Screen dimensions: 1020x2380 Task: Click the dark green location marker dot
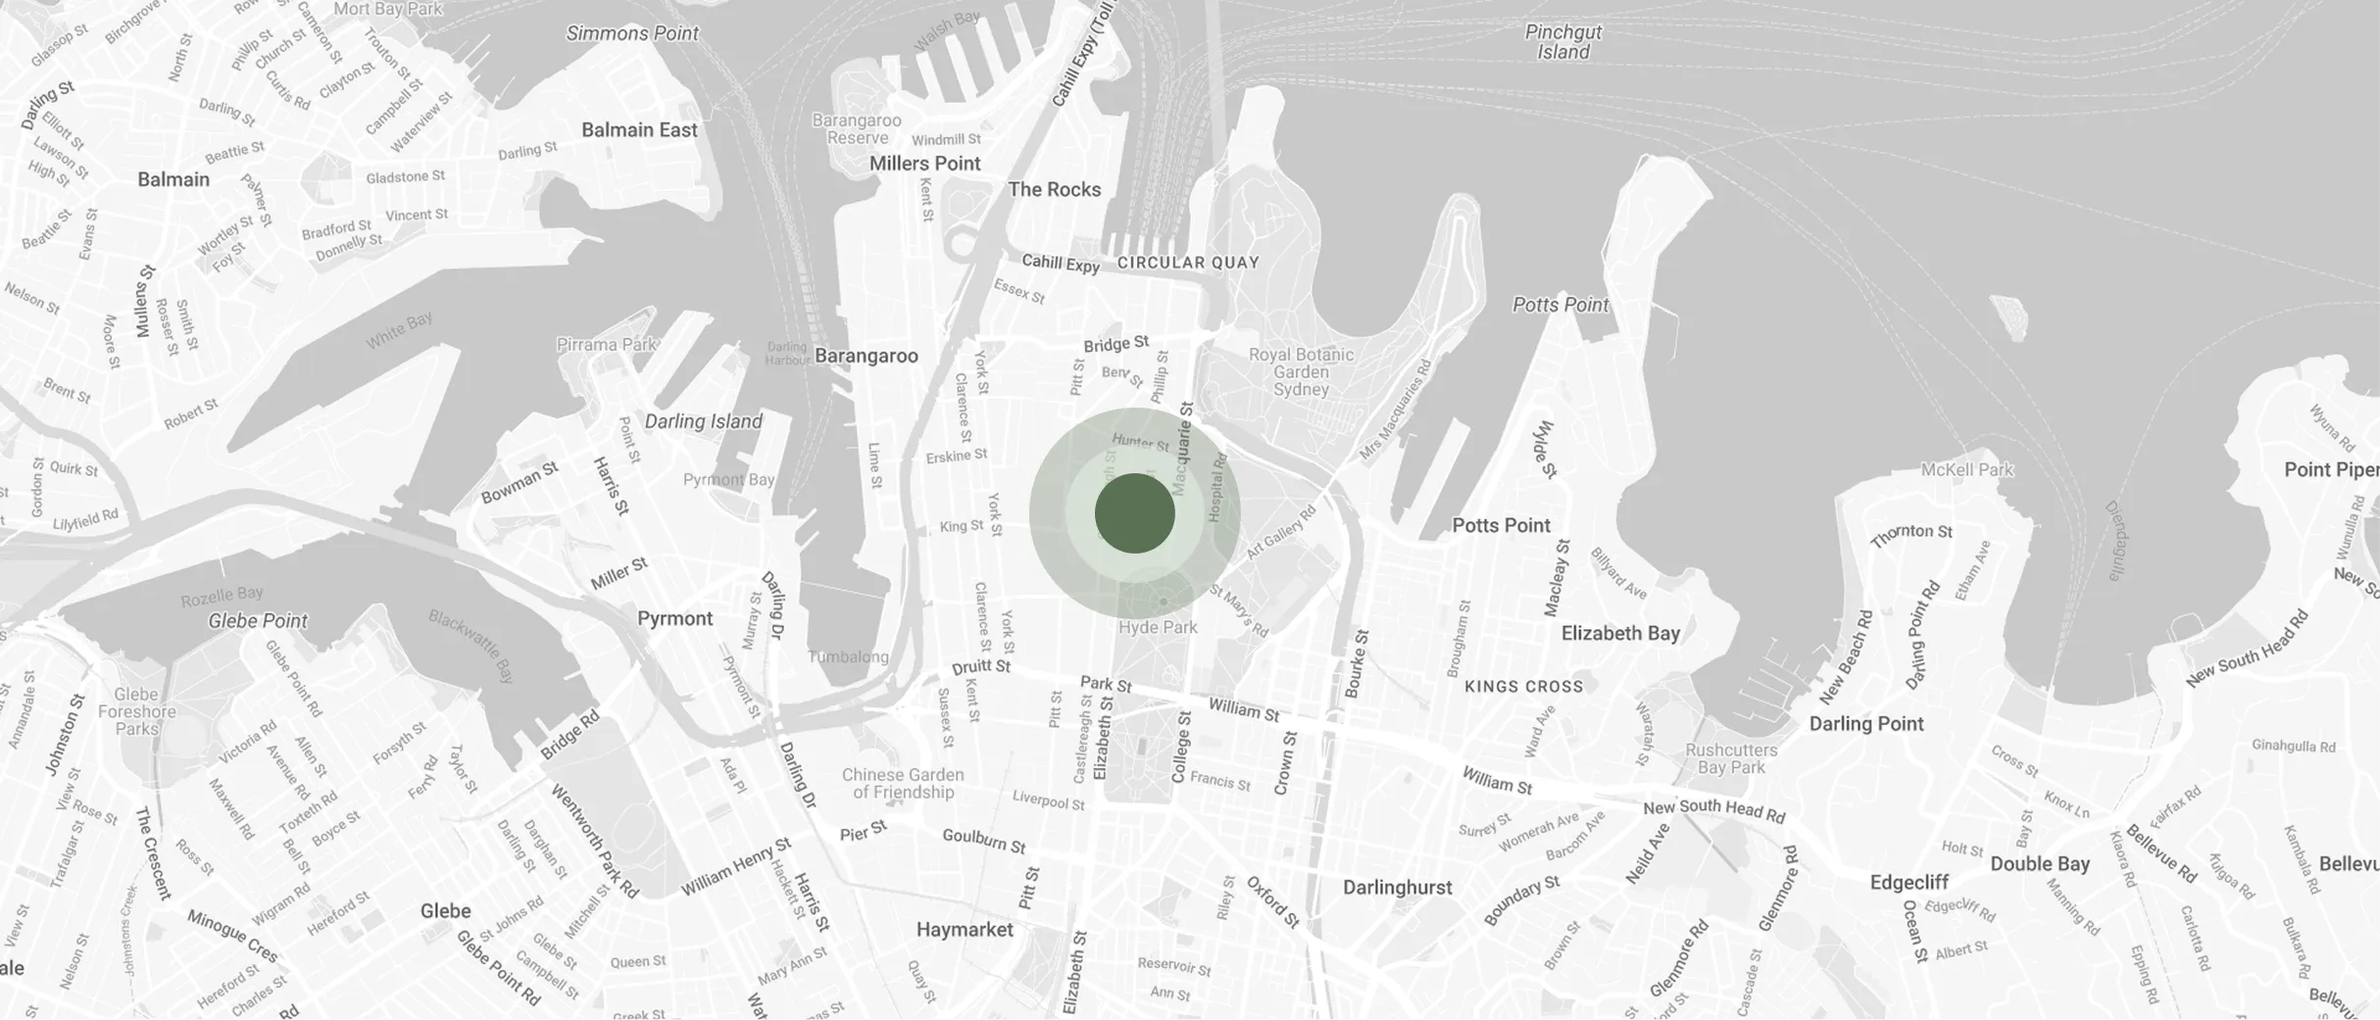tap(1134, 513)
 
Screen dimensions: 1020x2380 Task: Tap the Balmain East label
tap(639, 130)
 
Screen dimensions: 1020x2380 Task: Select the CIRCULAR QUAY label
tap(1188, 263)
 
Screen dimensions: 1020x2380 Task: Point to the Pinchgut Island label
tap(1562, 42)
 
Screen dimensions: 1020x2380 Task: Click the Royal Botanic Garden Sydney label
tap(1301, 371)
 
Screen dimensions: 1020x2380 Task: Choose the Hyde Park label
tap(1158, 627)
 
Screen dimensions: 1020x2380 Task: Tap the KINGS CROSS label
tap(1523, 687)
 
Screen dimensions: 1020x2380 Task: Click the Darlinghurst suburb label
tap(1397, 888)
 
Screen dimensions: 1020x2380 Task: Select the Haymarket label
tap(965, 929)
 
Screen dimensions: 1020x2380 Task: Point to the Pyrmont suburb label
tap(674, 618)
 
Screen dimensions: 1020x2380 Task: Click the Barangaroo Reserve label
tap(857, 128)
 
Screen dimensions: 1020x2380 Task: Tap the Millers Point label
tap(924, 164)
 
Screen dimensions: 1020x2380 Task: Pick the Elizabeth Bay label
tap(1620, 633)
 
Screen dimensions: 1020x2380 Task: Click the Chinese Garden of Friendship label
tap(903, 783)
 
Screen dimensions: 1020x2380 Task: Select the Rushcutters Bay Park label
tap(1731, 758)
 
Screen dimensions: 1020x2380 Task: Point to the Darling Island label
tap(703, 421)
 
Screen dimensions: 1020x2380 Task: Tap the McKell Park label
tap(1966, 469)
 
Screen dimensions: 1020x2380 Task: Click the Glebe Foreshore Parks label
tap(136, 711)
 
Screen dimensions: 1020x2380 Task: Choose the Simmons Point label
tap(632, 33)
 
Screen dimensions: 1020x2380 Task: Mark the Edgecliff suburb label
tap(1909, 882)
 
